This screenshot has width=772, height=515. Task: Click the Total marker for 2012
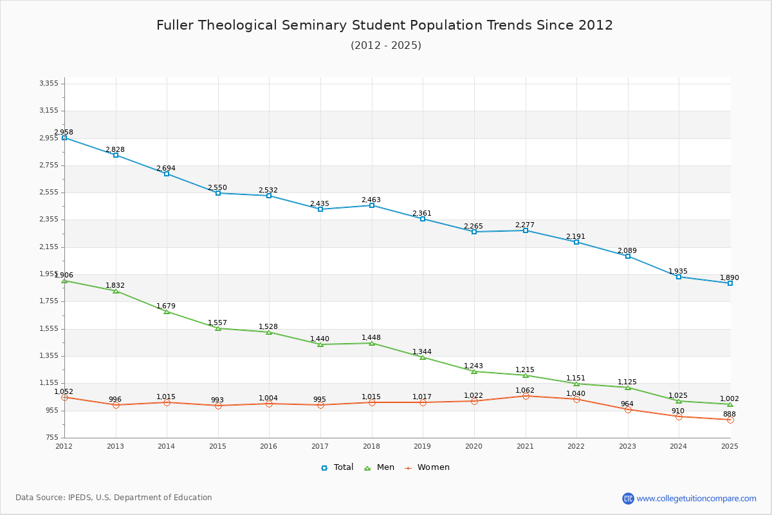tap(64, 138)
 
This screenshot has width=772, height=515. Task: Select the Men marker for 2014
tap(167, 312)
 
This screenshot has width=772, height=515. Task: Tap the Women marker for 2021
tap(526, 396)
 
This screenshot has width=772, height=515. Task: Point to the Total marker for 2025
tap(730, 283)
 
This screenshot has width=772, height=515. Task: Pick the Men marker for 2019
tap(423, 357)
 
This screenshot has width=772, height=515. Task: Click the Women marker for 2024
tap(679, 417)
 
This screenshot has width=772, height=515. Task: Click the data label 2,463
tap(371, 200)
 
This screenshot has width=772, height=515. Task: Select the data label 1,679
tap(166, 306)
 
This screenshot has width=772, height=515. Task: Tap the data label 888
tap(730, 414)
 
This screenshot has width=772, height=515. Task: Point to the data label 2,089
tap(627, 250)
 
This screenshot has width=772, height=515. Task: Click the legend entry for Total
tap(337, 467)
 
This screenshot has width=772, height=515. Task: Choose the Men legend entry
tap(380, 467)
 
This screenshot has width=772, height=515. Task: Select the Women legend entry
tap(427, 467)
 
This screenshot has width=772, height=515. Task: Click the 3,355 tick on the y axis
tap(49, 83)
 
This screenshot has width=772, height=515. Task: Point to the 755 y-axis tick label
tap(51, 437)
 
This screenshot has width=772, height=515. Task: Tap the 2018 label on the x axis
tap(371, 446)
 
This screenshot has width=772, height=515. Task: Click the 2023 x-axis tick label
tap(627, 446)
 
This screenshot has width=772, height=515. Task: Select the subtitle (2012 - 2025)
tap(386, 45)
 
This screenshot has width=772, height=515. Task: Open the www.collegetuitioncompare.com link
tap(696, 498)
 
